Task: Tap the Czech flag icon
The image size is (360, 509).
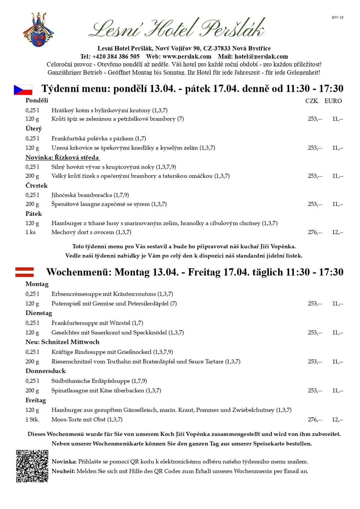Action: pyautogui.click(x=23, y=90)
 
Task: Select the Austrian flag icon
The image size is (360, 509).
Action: pyautogui.click(x=25, y=272)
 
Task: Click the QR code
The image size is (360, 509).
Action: pyautogui.click(x=32, y=466)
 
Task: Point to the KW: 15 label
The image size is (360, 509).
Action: pyautogui.click(x=337, y=17)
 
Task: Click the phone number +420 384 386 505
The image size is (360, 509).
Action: pyautogui.click(x=116, y=56)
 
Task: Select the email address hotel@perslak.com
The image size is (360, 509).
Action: pyautogui.click(x=261, y=56)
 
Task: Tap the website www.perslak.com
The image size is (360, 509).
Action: pyautogui.click(x=187, y=56)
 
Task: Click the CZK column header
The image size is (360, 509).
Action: pyautogui.click(x=311, y=101)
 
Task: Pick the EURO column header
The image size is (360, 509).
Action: pyautogui.click(x=333, y=101)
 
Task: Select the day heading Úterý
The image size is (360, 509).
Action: pyautogui.click(x=34, y=129)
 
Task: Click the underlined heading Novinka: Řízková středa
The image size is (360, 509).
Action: pyautogui.click(x=62, y=158)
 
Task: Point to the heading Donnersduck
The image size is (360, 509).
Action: pyautogui.click(x=46, y=371)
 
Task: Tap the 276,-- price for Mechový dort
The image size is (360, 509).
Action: pyautogui.click(x=315, y=232)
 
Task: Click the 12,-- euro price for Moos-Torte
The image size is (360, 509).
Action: pyautogui.click(x=337, y=420)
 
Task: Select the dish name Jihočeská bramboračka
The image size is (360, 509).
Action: pyautogui.click(x=82, y=195)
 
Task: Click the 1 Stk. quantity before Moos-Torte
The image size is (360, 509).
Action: pyautogui.click(x=32, y=420)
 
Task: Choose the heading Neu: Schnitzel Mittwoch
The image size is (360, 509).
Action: pyautogui.click(x=62, y=342)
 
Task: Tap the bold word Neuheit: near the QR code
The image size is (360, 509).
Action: pyautogui.click(x=63, y=471)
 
